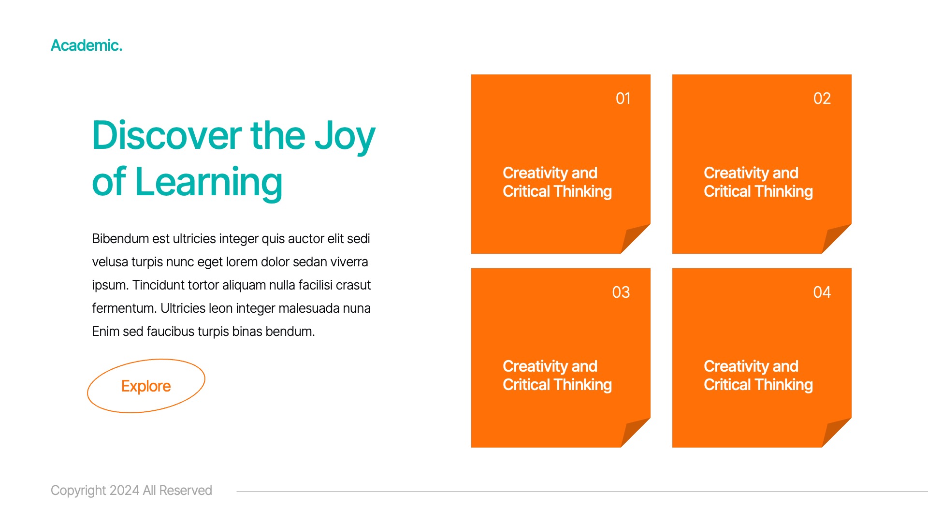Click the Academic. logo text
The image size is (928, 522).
click(87, 45)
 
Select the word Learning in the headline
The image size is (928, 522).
click(209, 183)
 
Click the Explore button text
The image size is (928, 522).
click(146, 386)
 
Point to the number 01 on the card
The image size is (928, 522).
click(623, 99)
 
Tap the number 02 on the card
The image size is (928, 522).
click(822, 99)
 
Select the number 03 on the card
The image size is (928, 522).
click(621, 292)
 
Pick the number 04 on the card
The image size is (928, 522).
click(822, 292)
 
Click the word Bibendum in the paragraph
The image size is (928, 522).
click(120, 239)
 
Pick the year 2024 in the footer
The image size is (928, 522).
click(124, 491)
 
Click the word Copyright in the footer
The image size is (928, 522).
click(78, 491)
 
